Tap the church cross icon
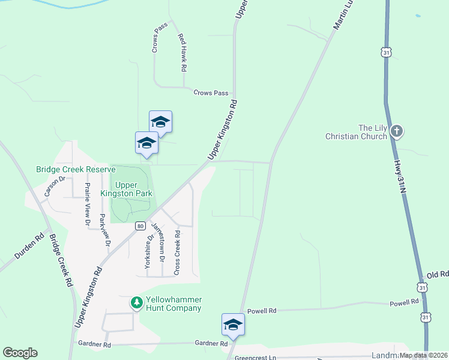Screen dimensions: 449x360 [x=396, y=131]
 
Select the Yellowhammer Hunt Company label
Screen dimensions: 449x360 [x=173, y=304]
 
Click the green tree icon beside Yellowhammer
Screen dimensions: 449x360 [x=137, y=304]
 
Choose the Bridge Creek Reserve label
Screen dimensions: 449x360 [x=75, y=170]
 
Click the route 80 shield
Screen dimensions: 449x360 [x=140, y=226]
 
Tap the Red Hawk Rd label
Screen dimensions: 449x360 [x=181, y=52]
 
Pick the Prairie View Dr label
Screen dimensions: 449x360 [x=88, y=204]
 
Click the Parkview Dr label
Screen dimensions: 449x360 [x=105, y=230]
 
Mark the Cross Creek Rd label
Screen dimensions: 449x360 [x=177, y=253]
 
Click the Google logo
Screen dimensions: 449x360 [x=20, y=353]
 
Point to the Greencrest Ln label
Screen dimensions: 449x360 [x=256, y=358]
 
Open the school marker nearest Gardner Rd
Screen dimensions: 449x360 [x=233, y=325]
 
